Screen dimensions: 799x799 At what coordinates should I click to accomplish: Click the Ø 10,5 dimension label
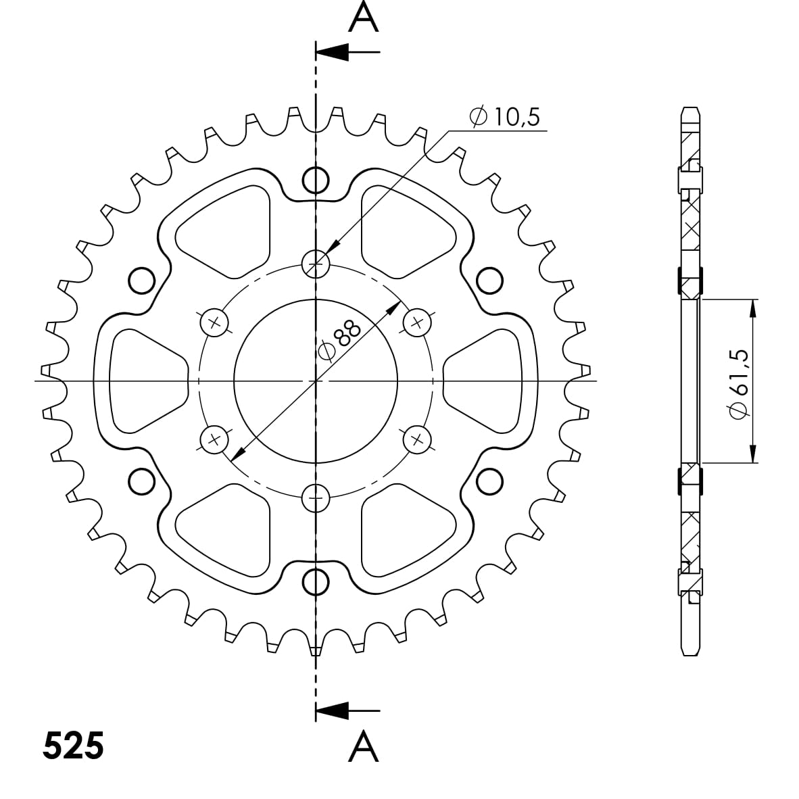coord(504,117)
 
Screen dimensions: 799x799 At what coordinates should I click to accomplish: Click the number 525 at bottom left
coord(74,746)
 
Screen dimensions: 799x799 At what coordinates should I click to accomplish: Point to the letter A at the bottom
coord(364,746)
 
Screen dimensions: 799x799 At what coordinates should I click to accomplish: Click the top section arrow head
coord(332,51)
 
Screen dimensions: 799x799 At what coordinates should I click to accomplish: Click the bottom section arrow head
coord(332,710)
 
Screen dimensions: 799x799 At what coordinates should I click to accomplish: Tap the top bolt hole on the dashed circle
coord(316,264)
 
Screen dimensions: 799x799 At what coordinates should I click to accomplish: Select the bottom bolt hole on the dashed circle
coord(316,498)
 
